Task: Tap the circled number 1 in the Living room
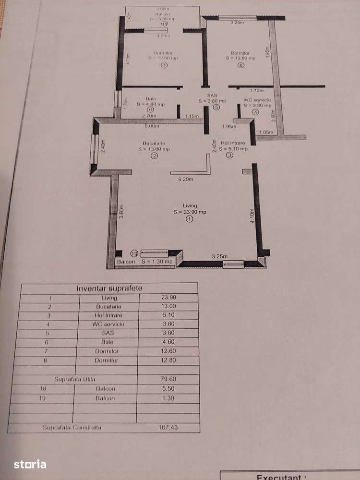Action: (189, 219)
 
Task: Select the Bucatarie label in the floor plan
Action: (154, 143)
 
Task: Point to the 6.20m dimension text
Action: (186, 180)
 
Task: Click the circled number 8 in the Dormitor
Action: (240, 66)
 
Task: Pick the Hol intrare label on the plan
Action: (233, 143)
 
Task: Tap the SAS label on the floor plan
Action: (212, 96)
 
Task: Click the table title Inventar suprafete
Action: (110, 288)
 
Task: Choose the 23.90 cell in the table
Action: (168, 298)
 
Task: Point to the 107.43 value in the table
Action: (168, 427)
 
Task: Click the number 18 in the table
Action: (50, 388)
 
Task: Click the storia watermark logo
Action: (30, 464)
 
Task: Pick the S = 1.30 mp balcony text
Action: (157, 262)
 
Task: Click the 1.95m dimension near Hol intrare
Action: (229, 126)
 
